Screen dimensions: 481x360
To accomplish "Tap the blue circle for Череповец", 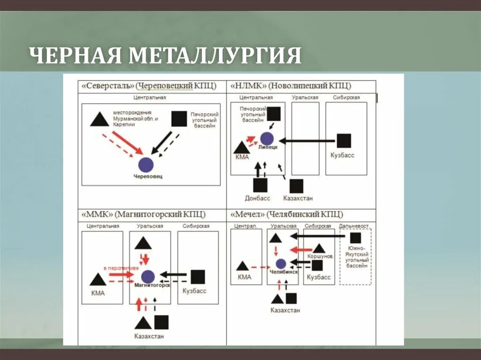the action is [146, 164].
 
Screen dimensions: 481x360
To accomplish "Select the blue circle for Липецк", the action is [267, 138].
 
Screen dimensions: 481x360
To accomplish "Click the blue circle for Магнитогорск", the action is [148, 276].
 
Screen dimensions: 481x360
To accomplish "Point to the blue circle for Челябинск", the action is [281, 263].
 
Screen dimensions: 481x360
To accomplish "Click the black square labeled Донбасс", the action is [260, 186].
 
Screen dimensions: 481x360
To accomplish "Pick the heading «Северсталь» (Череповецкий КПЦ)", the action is [149, 86].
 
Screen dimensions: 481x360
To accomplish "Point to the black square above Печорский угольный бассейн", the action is [179, 119].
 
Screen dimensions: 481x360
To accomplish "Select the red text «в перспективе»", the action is [121, 268].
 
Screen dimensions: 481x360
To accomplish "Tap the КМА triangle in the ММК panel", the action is [97, 280].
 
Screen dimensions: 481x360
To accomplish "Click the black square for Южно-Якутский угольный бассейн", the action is [356, 238].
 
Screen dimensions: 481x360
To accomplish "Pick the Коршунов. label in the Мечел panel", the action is [320, 257].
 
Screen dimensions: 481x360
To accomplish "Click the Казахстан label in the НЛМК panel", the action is [298, 198].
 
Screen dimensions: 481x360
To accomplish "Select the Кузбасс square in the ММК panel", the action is [198, 277].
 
